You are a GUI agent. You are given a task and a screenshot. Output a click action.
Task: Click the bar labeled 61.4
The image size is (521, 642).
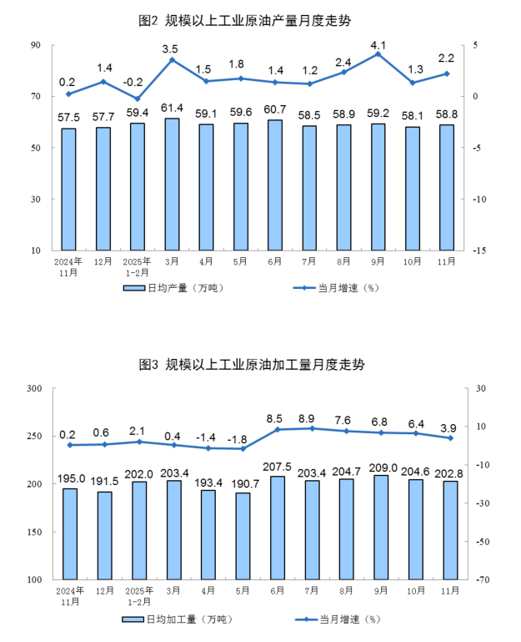click(172, 185)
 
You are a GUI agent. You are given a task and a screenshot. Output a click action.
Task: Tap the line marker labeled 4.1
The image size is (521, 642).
click(378, 53)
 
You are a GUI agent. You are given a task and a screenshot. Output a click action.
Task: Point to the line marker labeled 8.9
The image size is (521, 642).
click(310, 428)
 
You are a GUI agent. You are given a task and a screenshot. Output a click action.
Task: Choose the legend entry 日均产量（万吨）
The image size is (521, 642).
click(173, 288)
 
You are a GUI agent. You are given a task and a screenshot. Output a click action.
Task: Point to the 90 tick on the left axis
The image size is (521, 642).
click(36, 45)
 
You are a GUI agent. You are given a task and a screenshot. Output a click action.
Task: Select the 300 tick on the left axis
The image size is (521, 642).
click(34, 389)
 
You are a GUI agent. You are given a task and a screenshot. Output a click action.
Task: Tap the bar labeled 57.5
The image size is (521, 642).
click(68, 190)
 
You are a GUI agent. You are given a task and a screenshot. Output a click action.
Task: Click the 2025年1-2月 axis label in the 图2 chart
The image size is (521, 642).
click(137, 266)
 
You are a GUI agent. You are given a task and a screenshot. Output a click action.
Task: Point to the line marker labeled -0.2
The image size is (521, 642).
click(137, 99)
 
